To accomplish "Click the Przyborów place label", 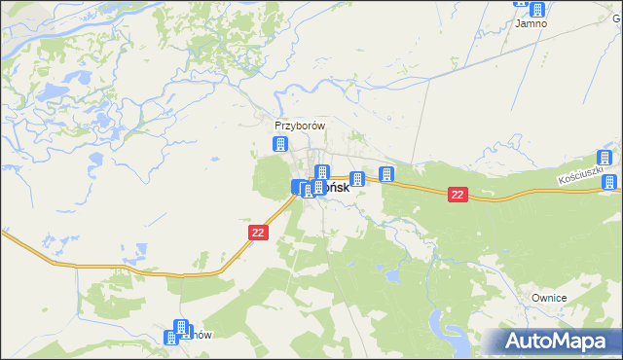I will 299,126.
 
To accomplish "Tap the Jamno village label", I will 531,23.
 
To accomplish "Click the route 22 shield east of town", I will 458,196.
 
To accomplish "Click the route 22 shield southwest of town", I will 258,233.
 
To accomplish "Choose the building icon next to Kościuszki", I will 605,159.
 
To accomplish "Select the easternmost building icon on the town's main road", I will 387,175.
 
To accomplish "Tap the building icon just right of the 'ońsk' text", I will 357,179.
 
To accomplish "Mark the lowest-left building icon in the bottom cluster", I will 172,338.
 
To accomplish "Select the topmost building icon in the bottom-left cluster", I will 180,327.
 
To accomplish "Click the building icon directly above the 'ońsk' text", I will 322,173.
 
